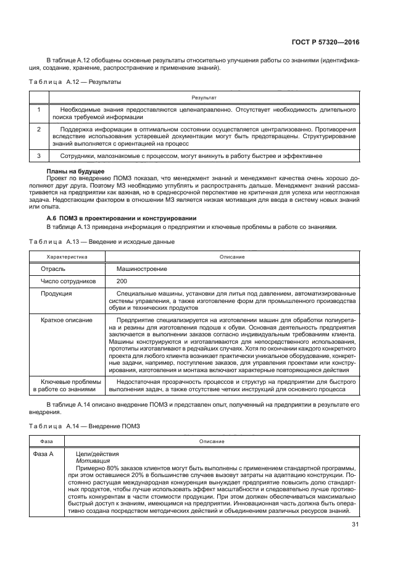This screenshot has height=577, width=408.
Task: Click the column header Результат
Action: pyautogui.click(x=204, y=98)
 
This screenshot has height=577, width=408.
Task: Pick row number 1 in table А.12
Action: pyautogui.click(x=39, y=109)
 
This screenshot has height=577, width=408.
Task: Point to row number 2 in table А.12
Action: pyautogui.click(x=39, y=130)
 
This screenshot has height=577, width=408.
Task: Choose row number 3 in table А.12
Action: pyautogui.click(x=39, y=156)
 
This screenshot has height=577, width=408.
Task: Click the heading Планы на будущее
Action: pyautogui.click(x=75, y=170)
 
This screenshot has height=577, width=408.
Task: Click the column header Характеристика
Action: pyautogui.click(x=67, y=256)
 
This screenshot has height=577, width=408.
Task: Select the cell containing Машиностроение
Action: pyautogui.click(x=142, y=269)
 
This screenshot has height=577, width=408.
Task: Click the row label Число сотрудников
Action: pyautogui.click(x=69, y=281)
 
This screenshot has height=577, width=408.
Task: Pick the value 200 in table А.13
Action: pyautogui.click(x=122, y=281)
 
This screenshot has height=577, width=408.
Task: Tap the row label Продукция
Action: pyautogui.click(x=56, y=293)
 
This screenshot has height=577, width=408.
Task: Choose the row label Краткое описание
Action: pyautogui.click(x=67, y=320)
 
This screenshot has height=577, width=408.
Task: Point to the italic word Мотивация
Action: pyautogui.click(x=93, y=460)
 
